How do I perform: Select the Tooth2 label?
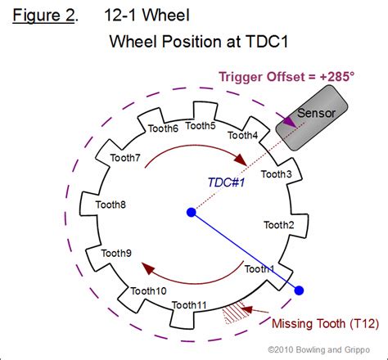279,224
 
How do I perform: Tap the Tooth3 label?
275,173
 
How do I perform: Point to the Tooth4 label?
242,135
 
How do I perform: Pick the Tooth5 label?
201,125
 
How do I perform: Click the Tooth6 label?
162,128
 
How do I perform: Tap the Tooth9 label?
116,254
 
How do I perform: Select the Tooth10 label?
149,291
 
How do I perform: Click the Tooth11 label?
191,305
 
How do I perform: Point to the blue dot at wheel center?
191,213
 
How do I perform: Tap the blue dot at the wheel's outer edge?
299,290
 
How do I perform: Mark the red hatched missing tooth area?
238,311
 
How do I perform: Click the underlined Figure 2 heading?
44,16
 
